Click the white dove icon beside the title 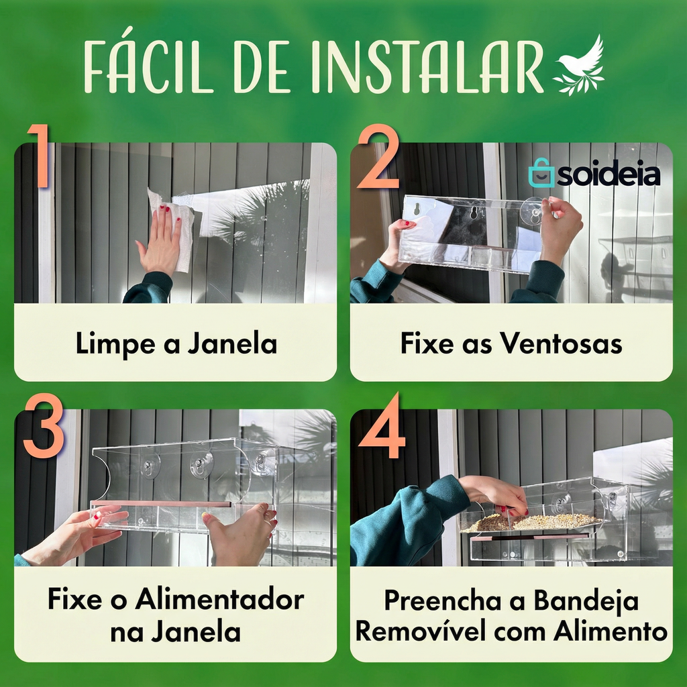(x=579, y=66)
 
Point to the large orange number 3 (x=44, y=425)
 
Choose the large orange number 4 (x=382, y=425)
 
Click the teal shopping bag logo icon (x=541, y=172)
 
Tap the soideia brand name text (x=609, y=174)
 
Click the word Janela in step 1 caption (x=232, y=343)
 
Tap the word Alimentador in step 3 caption (x=219, y=598)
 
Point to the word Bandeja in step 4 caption (x=586, y=600)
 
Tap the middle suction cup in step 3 (x=201, y=464)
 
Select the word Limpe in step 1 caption (x=115, y=344)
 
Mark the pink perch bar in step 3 (x=160, y=504)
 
